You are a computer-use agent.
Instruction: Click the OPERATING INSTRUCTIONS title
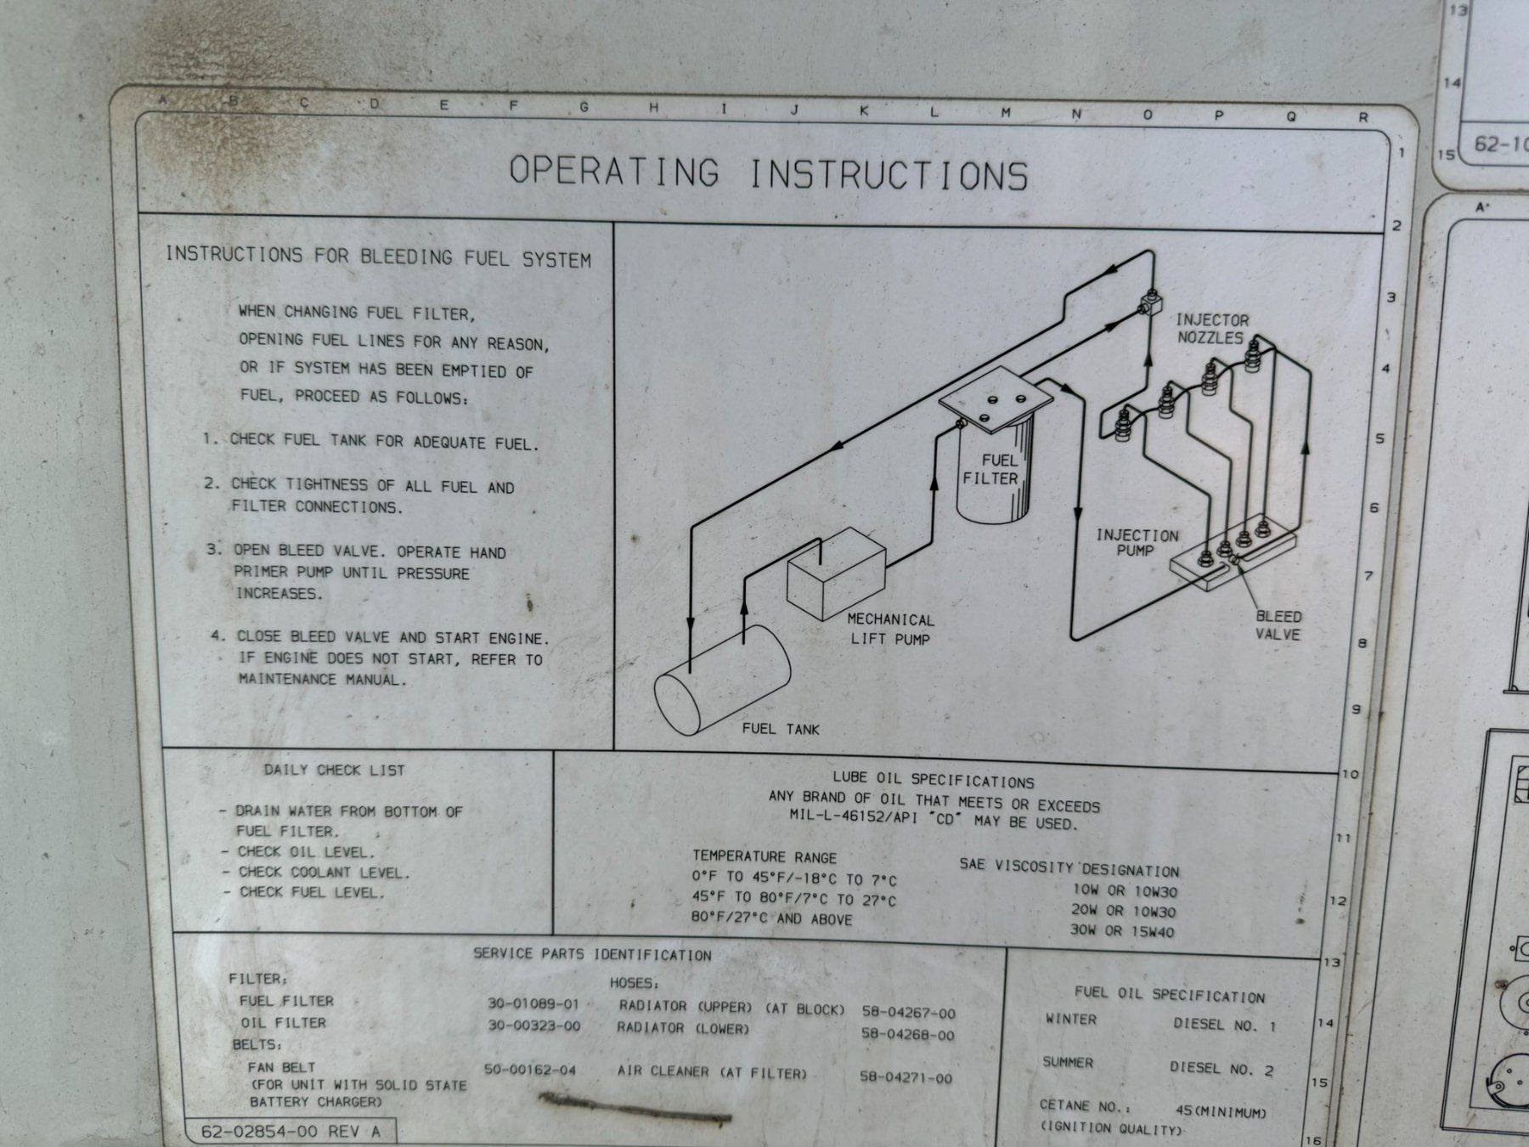[769, 172]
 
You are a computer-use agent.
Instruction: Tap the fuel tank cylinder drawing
[723, 680]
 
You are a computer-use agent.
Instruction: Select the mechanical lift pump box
[837, 573]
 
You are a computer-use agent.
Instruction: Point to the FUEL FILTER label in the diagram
[990, 470]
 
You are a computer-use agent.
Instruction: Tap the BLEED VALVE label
[1278, 625]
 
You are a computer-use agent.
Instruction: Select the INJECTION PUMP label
[1137, 543]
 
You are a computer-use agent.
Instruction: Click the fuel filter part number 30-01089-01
[533, 1003]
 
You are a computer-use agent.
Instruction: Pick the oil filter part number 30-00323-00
[533, 1026]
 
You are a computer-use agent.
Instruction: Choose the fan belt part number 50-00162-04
[530, 1070]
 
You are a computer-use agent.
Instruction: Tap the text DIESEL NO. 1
[1224, 1025]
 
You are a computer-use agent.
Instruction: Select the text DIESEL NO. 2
[1222, 1069]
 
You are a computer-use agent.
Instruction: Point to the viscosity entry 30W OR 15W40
[1122, 931]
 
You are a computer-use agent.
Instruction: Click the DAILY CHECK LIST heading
[334, 771]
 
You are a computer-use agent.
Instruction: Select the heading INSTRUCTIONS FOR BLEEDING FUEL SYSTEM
[378, 256]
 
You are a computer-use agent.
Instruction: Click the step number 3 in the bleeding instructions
[212, 550]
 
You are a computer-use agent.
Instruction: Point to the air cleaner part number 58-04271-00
[906, 1077]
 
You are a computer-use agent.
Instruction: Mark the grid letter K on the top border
[865, 110]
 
